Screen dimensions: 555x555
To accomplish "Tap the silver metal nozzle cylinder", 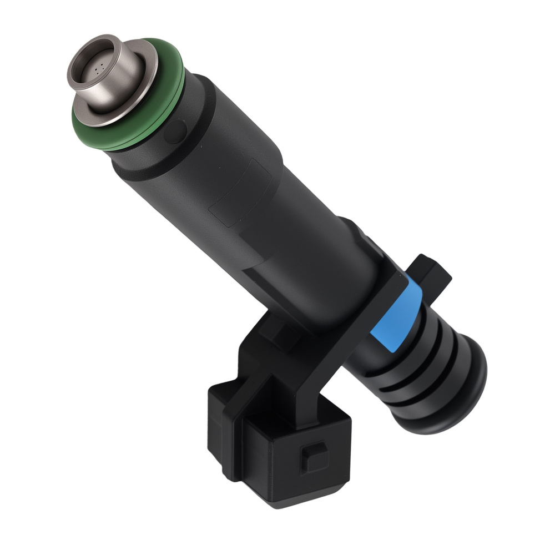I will coord(119,83).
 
